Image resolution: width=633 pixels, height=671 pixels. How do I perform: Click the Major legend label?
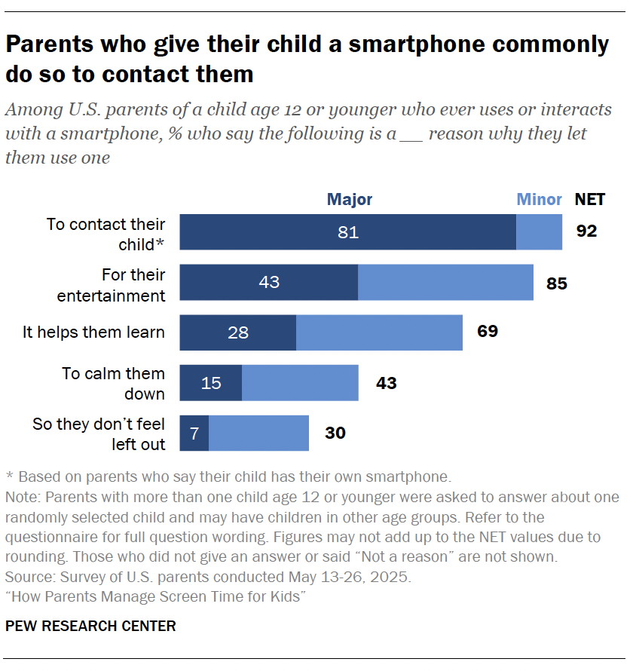click(x=349, y=200)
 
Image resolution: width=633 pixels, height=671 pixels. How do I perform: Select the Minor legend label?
click(x=539, y=200)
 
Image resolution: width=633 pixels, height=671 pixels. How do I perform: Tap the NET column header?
click(x=590, y=200)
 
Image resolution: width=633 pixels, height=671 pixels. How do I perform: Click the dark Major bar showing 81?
click(x=347, y=232)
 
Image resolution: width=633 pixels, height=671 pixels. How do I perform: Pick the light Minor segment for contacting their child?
click(x=539, y=232)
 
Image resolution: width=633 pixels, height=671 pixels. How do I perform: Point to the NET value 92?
click(x=586, y=231)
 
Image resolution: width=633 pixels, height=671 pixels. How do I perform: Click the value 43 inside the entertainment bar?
click(x=269, y=283)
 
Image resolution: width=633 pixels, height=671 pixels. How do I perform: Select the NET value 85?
click(x=557, y=284)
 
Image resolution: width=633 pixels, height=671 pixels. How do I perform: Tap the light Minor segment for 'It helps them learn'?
click(x=379, y=332)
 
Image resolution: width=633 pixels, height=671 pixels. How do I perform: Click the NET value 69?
click(x=488, y=331)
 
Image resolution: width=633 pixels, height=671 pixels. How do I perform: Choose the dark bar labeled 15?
click(x=211, y=383)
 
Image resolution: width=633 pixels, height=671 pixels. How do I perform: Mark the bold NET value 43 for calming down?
click(x=386, y=384)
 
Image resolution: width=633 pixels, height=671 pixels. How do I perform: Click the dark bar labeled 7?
click(x=194, y=434)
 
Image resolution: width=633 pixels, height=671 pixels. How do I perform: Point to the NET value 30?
click(x=335, y=434)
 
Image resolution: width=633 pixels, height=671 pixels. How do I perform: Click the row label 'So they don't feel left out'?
click(x=99, y=434)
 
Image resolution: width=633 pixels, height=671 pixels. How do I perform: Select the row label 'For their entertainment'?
click(x=112, y=285)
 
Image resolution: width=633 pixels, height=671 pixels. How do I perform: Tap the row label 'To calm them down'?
click(x=113, y=384)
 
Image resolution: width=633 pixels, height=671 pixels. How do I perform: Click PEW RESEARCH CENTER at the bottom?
click(x=90, y=626)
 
